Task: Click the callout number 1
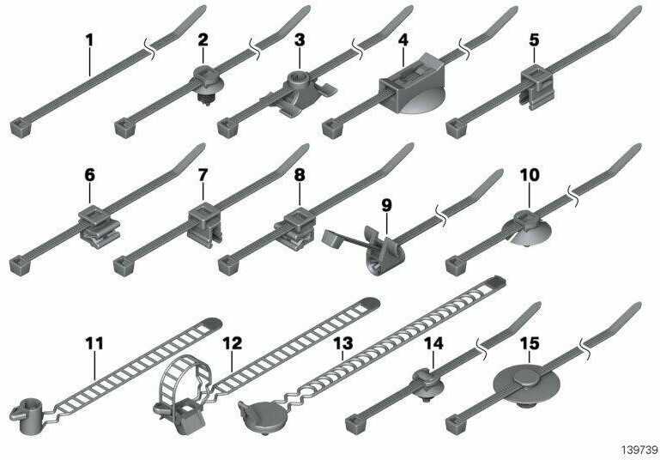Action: tap(89, 40)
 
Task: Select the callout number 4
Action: tap(403, 40)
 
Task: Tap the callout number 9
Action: tap(386, 205)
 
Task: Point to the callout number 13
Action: tap(343, 343)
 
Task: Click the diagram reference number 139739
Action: tap(639, 450)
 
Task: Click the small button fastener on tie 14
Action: tap(427, 384)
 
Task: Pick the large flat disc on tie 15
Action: tap(526, 383)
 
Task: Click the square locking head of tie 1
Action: tap(21, 128)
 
